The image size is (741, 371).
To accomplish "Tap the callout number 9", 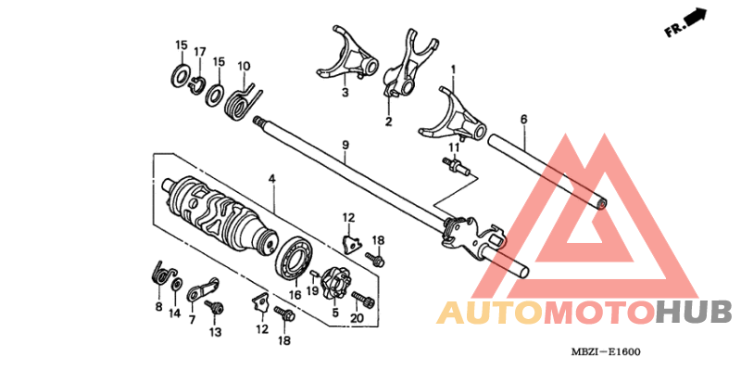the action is pyautogui.click(x=345, y=145).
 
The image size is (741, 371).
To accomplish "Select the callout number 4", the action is pyautogui.click(x=271, y=178).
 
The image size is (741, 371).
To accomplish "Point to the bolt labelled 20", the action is pyautogui.click(x=362, y=299).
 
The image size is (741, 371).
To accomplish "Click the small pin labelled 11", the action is pyautogui.click(x=455, y=167).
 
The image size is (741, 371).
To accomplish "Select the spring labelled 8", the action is pyautogui.click(x=163, y=274).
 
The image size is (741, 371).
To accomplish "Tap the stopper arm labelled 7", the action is pyautogui.click(x=203, y=289).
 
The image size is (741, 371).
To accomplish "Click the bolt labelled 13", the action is pyautogui.click(x=215, y=307).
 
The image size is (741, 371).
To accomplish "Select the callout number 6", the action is pyautogui.click(x=523, y=120).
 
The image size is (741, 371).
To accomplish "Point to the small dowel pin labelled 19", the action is pyautogui.click(x=315, y=274).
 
